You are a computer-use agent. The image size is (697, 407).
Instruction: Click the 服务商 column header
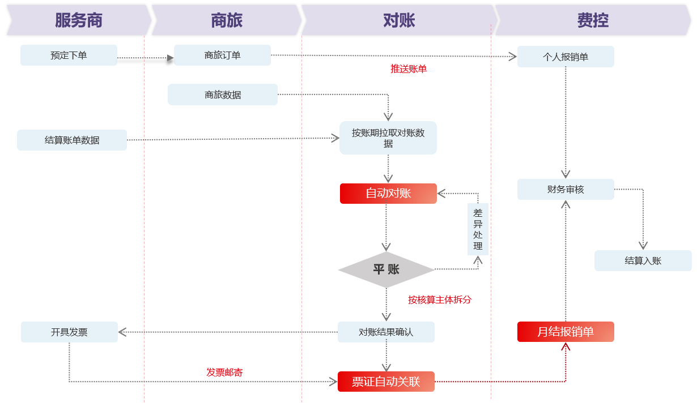tap(79, 21)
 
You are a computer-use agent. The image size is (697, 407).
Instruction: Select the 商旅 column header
tap(227, 21)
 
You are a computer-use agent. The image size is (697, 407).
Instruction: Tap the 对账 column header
tap(399, 21)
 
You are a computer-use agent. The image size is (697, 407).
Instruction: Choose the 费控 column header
tap(593, 21)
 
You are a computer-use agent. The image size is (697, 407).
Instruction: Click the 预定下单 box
tap(69, 55)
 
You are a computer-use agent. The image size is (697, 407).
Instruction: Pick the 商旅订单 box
tap(222, 55)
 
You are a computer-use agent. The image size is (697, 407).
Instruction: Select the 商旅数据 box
tap(222, 95)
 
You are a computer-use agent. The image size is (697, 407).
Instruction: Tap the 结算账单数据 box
tap(72, 140)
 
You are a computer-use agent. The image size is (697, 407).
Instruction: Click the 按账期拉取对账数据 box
tap(388, 138)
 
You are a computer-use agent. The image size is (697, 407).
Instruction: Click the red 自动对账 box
tap(388, 193)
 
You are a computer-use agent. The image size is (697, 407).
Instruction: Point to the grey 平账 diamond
tap(386, 269)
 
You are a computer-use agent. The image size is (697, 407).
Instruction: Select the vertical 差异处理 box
tap(478, 229)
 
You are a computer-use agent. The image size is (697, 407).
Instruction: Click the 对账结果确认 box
tap(386, 332)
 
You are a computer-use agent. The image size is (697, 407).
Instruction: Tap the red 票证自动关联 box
tap(386, 382)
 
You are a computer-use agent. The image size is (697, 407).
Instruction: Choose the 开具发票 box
tap(69, 332)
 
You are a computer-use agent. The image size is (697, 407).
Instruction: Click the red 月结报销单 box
tap(566, 332)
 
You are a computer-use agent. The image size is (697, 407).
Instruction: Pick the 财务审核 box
tap(566, 189)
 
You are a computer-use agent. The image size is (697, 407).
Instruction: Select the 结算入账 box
tap(643, 260)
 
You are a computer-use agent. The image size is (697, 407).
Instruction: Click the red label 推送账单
tap(409, 68)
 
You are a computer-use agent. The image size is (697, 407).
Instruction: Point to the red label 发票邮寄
tap(224, 372)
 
